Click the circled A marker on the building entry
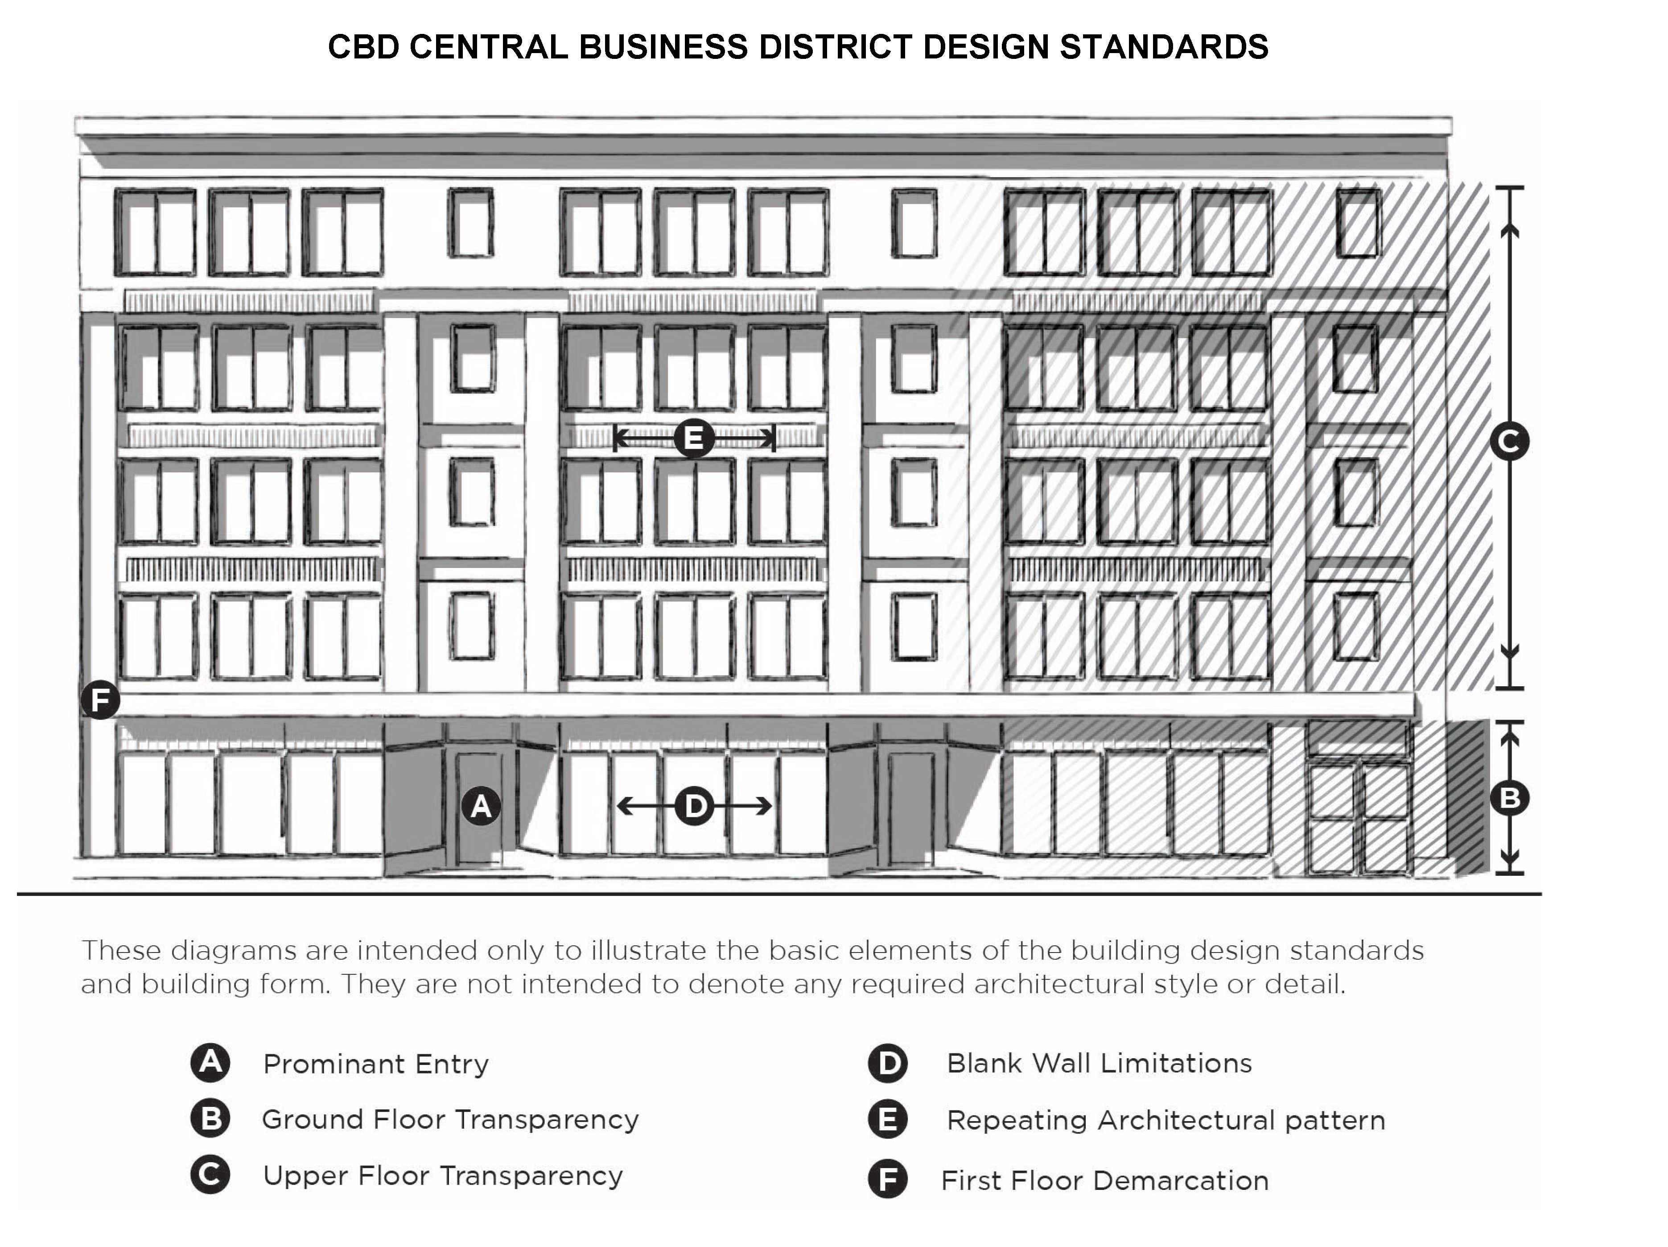[481, 807]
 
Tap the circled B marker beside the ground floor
[1510, 798]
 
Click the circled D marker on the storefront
[695, 806]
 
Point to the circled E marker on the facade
[694, 438]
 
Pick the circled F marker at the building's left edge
[100, 700]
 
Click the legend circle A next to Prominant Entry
[210, 1062]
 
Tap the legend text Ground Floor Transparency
[450, 1119]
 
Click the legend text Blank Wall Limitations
[1099, 1063]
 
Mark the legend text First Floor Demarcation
[1105, 1181]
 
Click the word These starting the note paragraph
[121, 950]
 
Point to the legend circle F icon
[888, 1180]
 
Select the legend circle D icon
[888, 1063]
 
